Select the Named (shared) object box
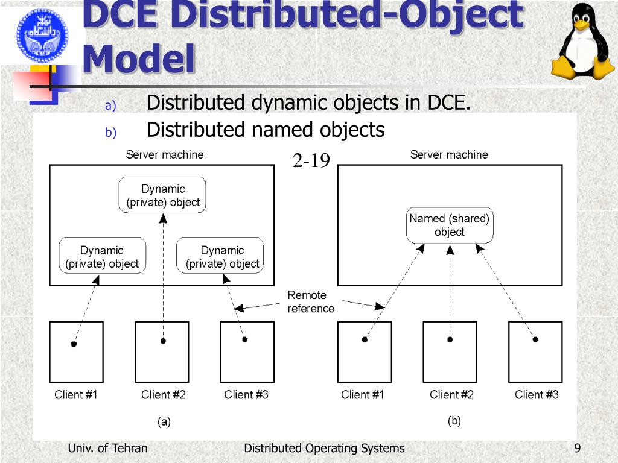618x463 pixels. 450,225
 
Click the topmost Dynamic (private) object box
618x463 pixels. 163,195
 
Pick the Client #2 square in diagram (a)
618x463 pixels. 162,352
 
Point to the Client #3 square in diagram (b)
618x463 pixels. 535,352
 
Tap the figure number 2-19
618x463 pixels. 311,161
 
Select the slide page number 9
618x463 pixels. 578,448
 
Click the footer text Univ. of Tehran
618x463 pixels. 107,448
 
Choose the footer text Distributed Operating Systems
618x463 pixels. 324,448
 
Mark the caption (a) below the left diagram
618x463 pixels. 164,422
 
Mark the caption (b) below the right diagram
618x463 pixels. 454,421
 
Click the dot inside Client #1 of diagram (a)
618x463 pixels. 74,344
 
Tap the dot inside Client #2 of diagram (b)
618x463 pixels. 450,339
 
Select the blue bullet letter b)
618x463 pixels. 110,133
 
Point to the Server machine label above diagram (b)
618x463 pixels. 449,155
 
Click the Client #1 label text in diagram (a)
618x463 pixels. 76,395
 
